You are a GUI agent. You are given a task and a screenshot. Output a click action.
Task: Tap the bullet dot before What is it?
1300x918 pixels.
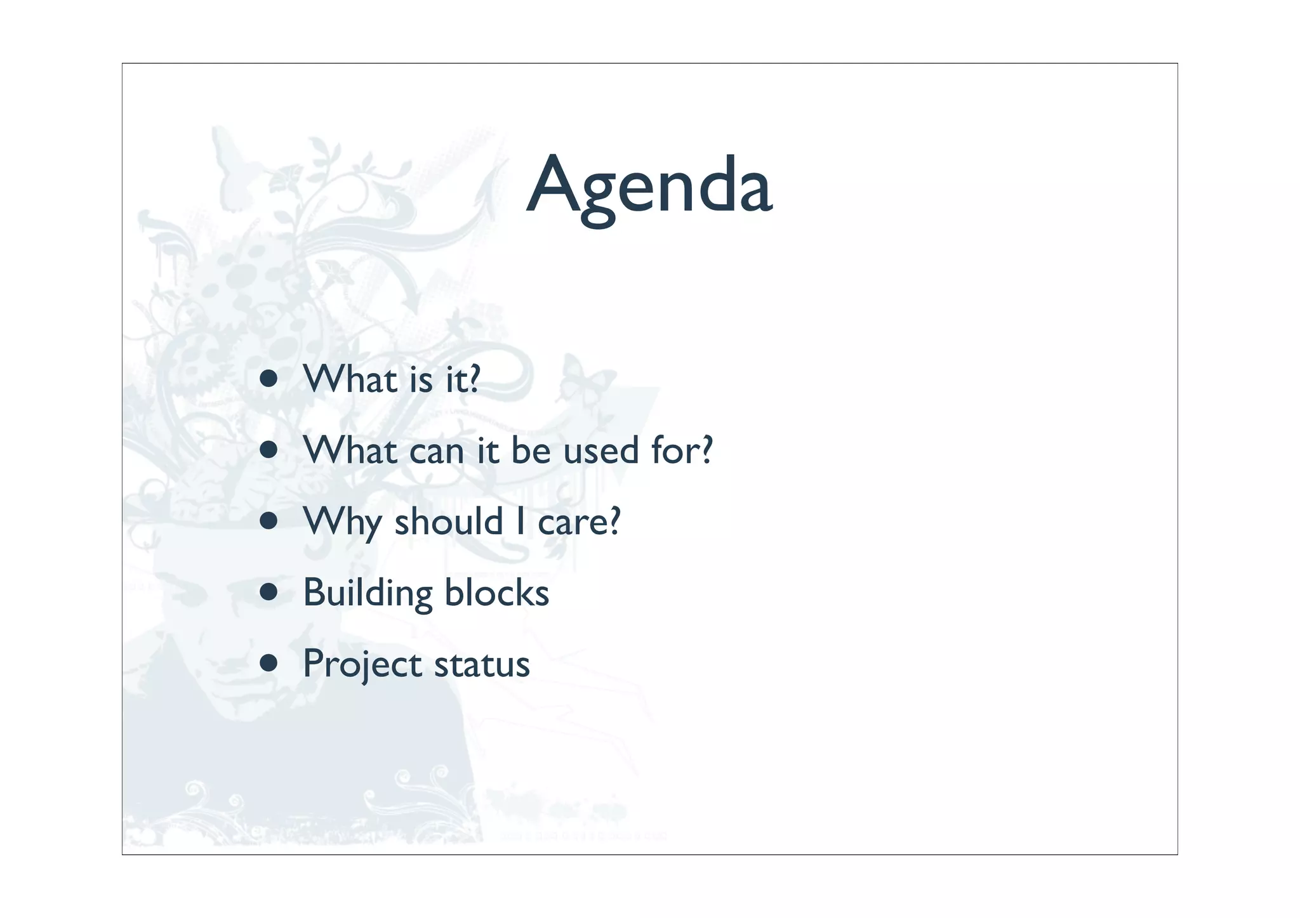pos(269,379)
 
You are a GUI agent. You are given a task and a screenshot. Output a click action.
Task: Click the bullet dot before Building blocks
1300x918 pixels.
pos(269,593)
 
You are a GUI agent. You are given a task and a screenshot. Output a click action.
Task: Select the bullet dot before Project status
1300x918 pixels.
pos(269,664)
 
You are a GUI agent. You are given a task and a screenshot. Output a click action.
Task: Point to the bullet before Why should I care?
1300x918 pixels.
pos(269,521)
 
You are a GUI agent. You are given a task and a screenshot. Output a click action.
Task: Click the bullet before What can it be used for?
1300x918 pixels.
pos(269,450)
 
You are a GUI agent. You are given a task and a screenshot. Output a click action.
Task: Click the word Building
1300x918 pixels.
pos(368,593)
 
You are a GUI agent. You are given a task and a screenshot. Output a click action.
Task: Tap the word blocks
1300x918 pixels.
pos(496,593)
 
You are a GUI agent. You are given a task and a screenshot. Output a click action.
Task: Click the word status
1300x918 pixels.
pos(482,665)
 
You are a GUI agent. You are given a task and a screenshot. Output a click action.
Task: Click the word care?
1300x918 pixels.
pos(578,523)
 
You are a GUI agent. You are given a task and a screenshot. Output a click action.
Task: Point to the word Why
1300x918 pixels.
pos(342,523)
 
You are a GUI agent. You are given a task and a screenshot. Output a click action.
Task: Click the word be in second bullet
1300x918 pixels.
pos(531,450)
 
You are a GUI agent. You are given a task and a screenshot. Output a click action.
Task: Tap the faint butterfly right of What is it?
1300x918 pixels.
pos(584,381)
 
